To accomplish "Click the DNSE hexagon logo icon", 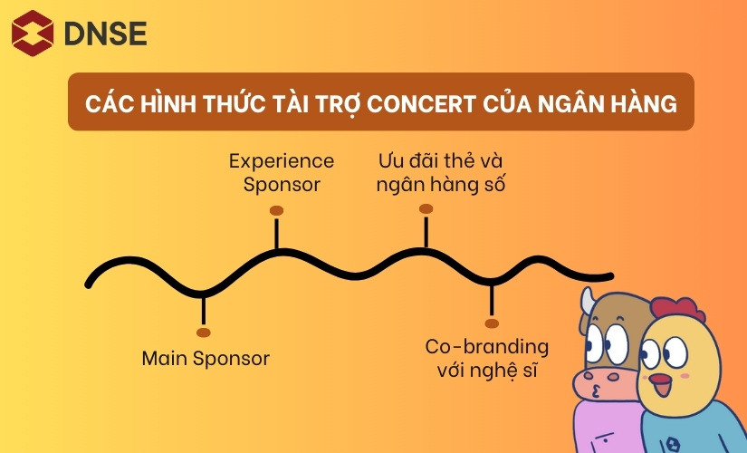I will [33, 33].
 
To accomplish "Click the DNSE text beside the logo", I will [105, 34].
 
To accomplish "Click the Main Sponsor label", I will [206, 358].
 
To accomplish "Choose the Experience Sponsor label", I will [281, 172].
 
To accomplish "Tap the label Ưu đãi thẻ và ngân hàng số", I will [439, 172].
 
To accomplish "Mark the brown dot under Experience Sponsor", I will [277, 211].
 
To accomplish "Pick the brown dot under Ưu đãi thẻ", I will [426, 209].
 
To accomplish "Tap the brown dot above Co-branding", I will [492, 323].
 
